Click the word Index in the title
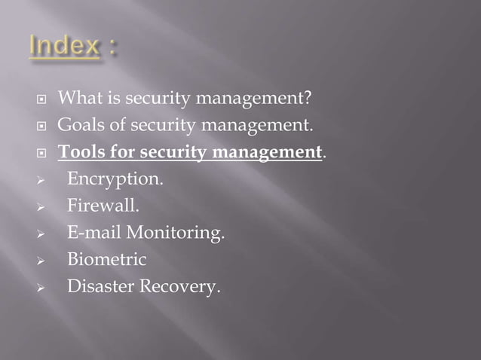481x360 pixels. (x=64, y=47)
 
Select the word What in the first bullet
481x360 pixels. (x=77, y=98)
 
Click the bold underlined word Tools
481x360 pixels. (x=78, y=152)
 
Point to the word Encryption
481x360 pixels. (x=114, y=180)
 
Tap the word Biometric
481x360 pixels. (x=106, y=260)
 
